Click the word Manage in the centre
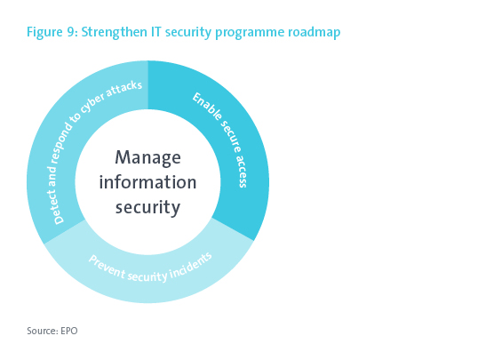tap(147, 157)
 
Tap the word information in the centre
tap(147, 182)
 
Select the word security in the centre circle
tap(147, 208)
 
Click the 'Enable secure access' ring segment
tap(233, 139)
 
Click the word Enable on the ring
tap(207, 107)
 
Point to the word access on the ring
tap(242, 171)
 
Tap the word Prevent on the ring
tap(108, 267)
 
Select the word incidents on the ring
tap(191, 267)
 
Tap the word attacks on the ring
tap(124, 88)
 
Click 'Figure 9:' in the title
tap(52, 33)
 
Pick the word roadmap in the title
tap(315, 33)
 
